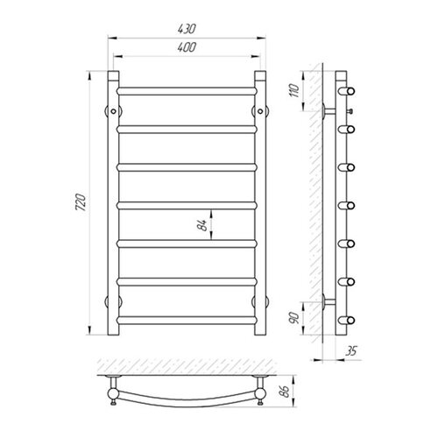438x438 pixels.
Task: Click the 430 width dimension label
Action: point(187,29)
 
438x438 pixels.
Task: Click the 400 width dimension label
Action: point(187,47)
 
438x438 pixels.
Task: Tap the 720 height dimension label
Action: point(81,202)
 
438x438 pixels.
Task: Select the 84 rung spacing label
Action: point(202,224)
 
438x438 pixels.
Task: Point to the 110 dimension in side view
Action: point(294,91)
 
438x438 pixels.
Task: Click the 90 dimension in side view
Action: point(294,318)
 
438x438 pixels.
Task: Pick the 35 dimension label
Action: point(350,351)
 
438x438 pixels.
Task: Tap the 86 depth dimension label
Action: point(285,392)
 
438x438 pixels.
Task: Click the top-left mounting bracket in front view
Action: point(113,111)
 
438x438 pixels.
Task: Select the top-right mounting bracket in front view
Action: point(260,111)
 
